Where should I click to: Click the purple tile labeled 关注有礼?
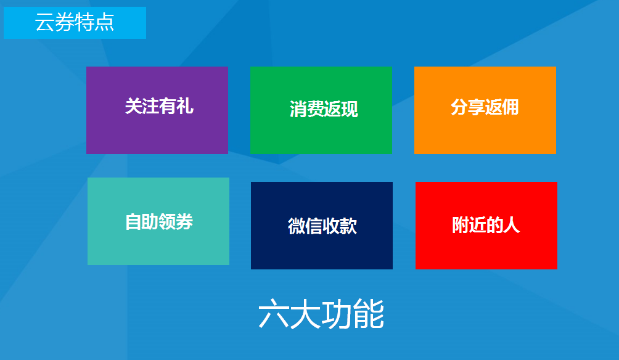point(157,110)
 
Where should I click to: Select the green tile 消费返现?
point(321,110)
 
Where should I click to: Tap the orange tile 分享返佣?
point(485,110)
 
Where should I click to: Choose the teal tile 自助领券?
point(158,221)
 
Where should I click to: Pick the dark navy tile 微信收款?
point(322,226)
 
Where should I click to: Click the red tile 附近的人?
point(486,226)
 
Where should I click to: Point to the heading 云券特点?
point(75,22)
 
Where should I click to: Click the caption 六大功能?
point(321,314)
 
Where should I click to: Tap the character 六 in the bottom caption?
point(274,314)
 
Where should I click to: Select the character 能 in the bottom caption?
point(369,314)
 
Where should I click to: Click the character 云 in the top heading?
point(44,22)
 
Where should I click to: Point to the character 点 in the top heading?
point(105,22)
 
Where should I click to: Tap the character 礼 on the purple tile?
point(185,106)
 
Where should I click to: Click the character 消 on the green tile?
point(298,109)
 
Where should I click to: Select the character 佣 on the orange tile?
point(510,107)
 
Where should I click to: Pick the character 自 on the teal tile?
point(133,222)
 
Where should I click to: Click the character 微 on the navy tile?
point(297,226)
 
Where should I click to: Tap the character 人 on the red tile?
point(512,225)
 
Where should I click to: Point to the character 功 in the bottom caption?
point(337,314)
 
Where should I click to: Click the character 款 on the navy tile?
point(348,226)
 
